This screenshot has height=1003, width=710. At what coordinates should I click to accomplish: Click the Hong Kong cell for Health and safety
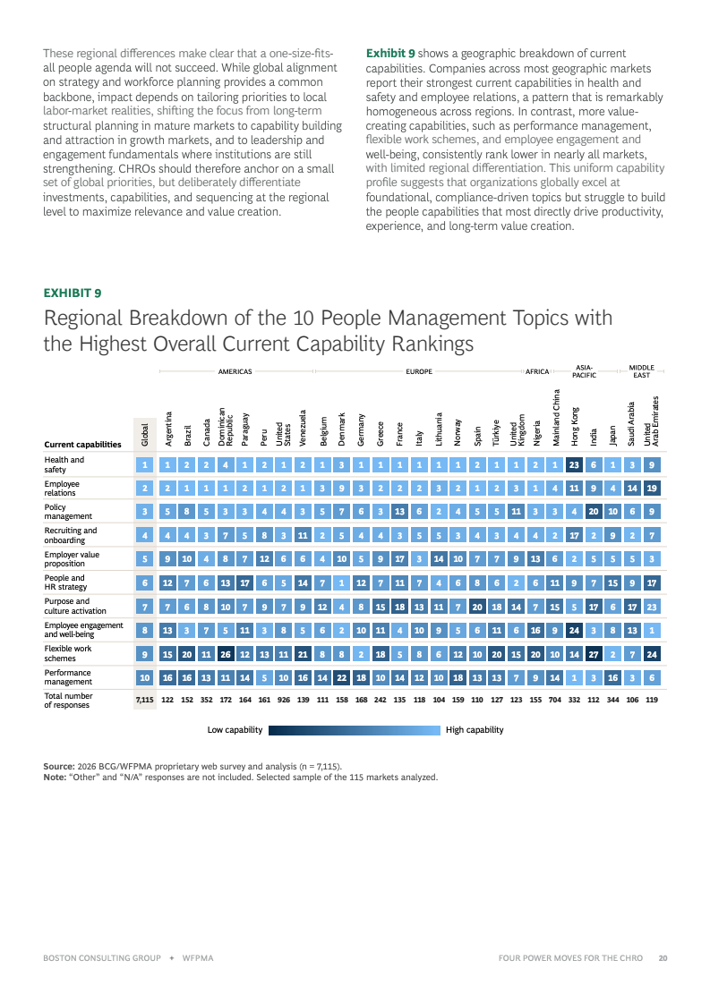pos(574,465)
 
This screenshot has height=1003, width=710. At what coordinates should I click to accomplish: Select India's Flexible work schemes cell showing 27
pos(594,654)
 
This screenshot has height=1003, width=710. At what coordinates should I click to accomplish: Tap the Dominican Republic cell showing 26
pos(226,654)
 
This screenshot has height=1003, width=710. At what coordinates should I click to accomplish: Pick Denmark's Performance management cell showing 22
pos(342,678)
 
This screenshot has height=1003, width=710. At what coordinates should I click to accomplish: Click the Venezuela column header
pos(303,428)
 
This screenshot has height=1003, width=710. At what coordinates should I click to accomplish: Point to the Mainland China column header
pos(556,418)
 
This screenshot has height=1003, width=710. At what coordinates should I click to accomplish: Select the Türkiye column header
pos(496,433)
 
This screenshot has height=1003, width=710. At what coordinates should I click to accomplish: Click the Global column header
pos(145,434)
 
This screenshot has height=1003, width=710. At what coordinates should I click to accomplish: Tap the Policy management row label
pos(68,512)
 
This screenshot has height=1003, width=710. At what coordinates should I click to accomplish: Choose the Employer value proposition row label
pos(72,559)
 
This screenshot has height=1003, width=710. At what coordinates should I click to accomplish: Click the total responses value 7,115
pos(145,700)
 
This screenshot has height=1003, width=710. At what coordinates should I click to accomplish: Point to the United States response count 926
pos(284,700)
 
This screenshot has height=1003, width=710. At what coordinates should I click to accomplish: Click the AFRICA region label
pos(537,371)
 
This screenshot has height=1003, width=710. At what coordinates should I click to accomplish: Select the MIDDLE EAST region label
pos(641,371)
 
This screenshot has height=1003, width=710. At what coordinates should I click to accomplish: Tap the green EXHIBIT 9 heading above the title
pos(73,293)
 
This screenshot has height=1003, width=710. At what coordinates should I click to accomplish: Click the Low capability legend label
pos(235,730)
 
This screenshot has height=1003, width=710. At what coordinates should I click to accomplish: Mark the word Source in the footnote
pos(58,766)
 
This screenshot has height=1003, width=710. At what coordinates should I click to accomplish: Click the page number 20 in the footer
pos(663,958)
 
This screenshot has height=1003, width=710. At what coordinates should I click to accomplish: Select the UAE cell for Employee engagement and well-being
pos(652,631)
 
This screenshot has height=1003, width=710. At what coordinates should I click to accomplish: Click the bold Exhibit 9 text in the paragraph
pos(390,54)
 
